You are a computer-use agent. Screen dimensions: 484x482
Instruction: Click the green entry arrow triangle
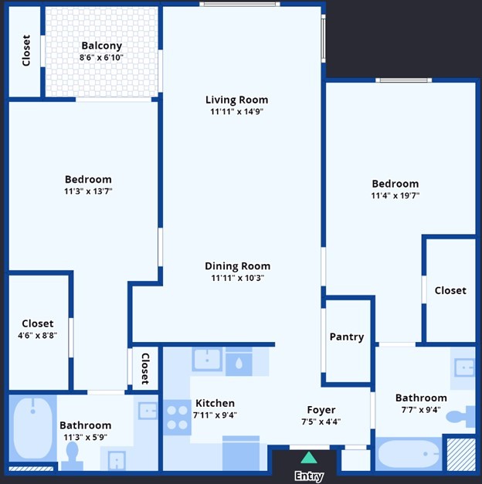[308, 459]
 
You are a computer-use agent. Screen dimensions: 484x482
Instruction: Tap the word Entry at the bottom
[308, 476]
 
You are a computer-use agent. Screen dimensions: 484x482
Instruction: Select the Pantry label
[347, 337]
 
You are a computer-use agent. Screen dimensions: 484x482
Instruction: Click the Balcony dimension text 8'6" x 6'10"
[101, 58]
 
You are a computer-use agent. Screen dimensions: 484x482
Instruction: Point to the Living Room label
[236, 100]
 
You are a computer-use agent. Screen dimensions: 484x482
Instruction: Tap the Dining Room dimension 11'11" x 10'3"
[237, 278]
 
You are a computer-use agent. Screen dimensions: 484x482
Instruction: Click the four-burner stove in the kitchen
[178, 418]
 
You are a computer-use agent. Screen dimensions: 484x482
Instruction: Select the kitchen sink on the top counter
[207, 360]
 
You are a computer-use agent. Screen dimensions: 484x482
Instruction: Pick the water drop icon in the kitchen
[239, 362]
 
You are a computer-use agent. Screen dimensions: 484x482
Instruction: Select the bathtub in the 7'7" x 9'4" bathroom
[409, 454]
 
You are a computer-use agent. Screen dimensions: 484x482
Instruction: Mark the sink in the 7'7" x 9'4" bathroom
[463, 368]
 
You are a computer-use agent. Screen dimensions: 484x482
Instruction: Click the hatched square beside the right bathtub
[461, 455]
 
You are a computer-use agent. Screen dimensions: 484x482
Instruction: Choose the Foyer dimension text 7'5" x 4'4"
[321, 421]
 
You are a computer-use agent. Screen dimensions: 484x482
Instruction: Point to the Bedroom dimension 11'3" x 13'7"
[89, 191]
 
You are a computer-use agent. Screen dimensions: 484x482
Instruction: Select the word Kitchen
[215, 403]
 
